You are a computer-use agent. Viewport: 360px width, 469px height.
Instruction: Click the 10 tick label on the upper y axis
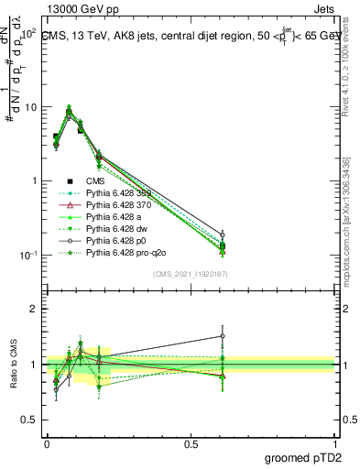31,107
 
